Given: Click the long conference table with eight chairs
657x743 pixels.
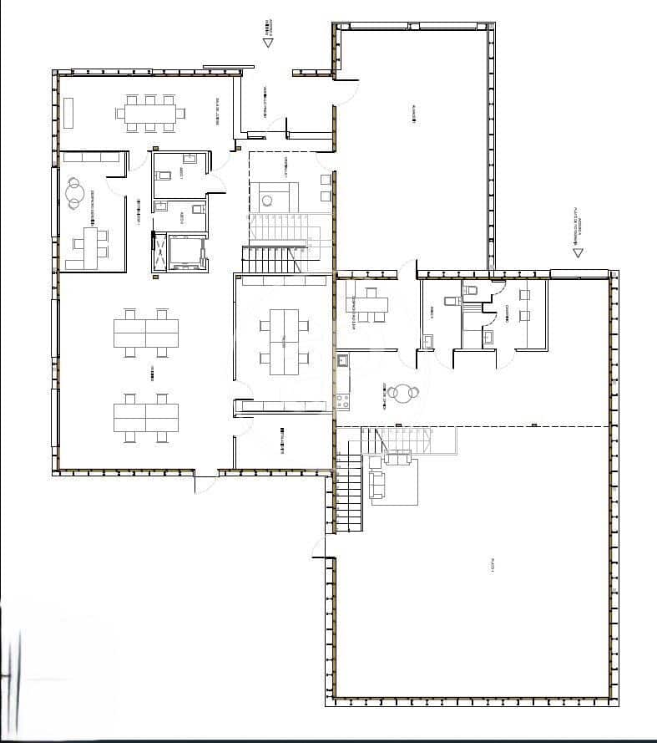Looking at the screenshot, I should pyautogui.click(x=151, y=113).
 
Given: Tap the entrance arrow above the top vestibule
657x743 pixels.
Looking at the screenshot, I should pyautogui.click(x=267, y=40).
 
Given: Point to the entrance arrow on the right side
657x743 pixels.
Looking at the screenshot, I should pyautogui.click(x=577, y=250).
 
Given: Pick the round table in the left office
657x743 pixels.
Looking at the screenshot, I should pyautogui.click(x=76, y=191).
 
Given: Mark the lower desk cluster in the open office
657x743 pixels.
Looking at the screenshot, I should pyautogui.click(x=146, y=415).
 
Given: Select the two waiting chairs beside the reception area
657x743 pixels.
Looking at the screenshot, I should pyautogui.click(x=325, y=188).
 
